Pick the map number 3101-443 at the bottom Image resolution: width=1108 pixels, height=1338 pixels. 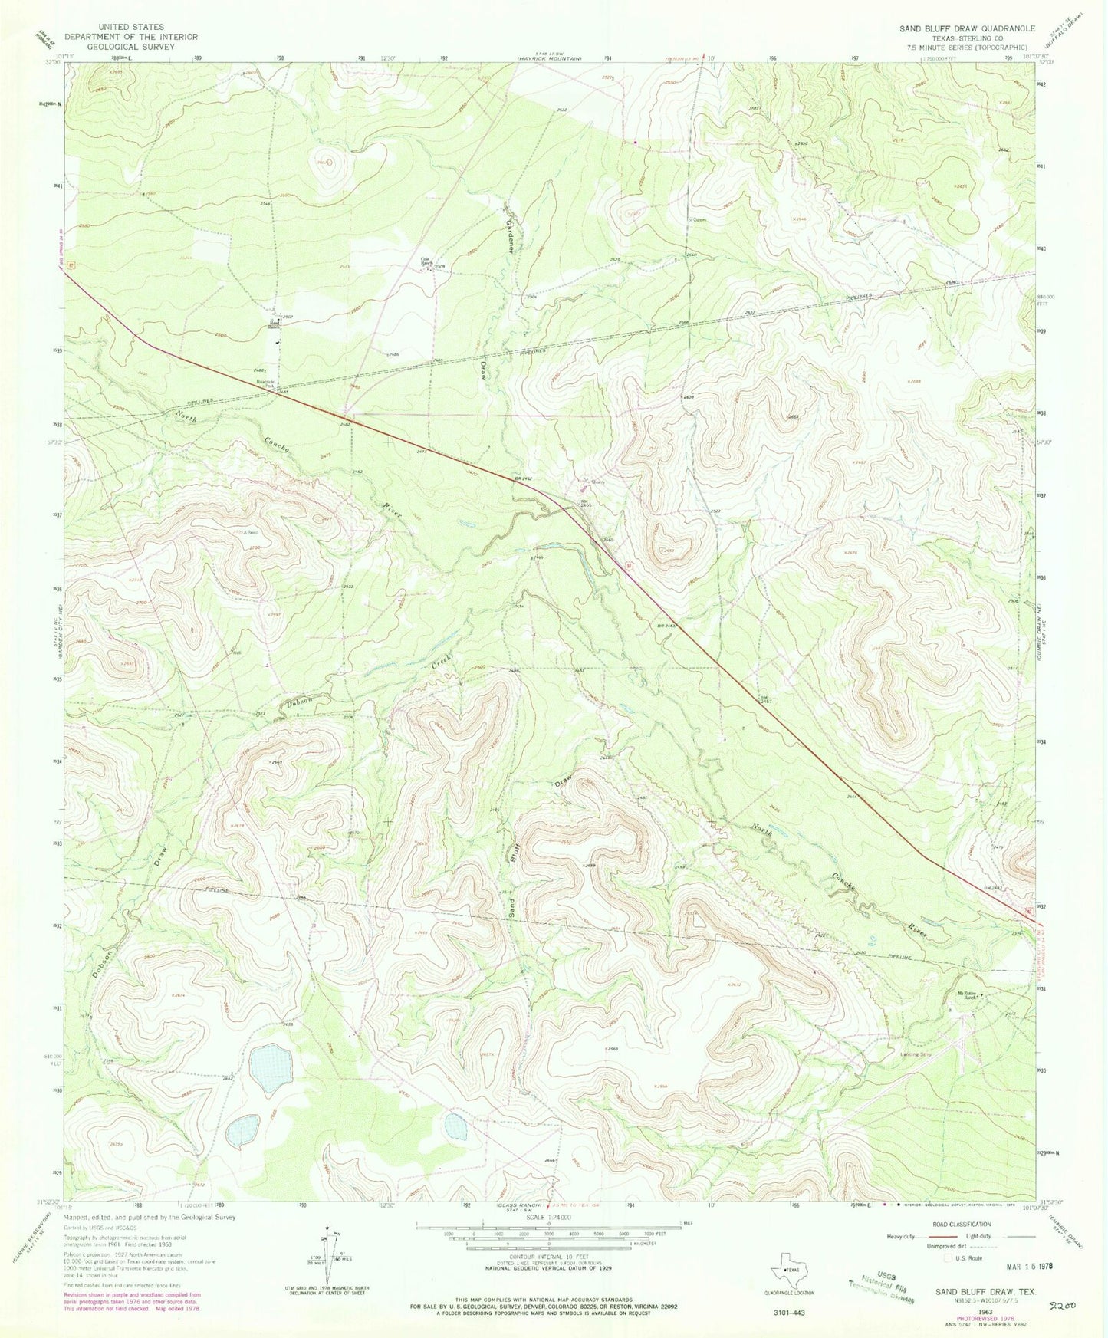[x=789, y=1312]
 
